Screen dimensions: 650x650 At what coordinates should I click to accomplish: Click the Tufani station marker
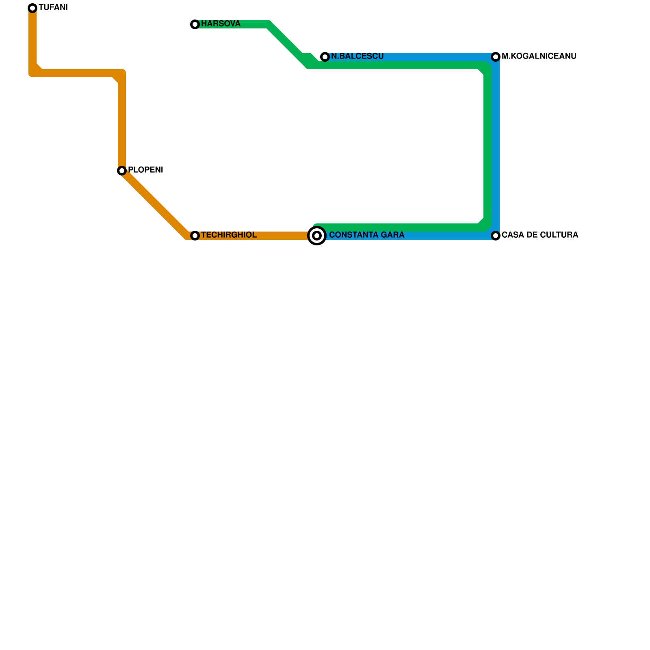[x=32, y=8]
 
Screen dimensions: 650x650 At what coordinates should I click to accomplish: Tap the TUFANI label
[x=53, y=8]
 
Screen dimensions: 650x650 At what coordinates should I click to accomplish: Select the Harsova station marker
[x=195, y=24]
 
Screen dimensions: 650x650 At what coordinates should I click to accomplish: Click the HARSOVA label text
[x=221, y=24]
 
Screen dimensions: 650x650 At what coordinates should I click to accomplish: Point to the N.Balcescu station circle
[x=325, y=57]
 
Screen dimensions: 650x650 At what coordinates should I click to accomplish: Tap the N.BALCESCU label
[x=357, y=56]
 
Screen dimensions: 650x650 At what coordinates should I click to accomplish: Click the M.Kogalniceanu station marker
[x=496, y=57]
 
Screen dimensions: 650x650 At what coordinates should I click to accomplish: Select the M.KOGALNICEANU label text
[x=539, y=56]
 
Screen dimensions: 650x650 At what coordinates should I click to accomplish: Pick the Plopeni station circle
[x=122, y=171]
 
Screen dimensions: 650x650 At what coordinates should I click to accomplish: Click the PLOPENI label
[x=145, y=170]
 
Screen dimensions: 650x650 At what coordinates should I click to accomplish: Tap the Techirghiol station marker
[x=195, y=236]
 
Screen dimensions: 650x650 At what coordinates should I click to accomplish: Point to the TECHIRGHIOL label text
[x=229, y=235]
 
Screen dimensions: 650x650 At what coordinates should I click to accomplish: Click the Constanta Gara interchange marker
[x=317, y=236]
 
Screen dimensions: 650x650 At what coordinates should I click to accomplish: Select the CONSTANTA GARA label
[x=366, y=235]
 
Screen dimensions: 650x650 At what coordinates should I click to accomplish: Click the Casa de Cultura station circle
[x=496, y=236]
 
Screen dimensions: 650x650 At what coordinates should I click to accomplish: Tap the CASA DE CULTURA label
[x=539, y=235]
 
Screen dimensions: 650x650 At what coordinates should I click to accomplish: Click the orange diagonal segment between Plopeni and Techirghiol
[x=154, y=203]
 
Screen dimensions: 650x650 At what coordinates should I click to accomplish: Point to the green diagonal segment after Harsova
[x=286, y=43]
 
